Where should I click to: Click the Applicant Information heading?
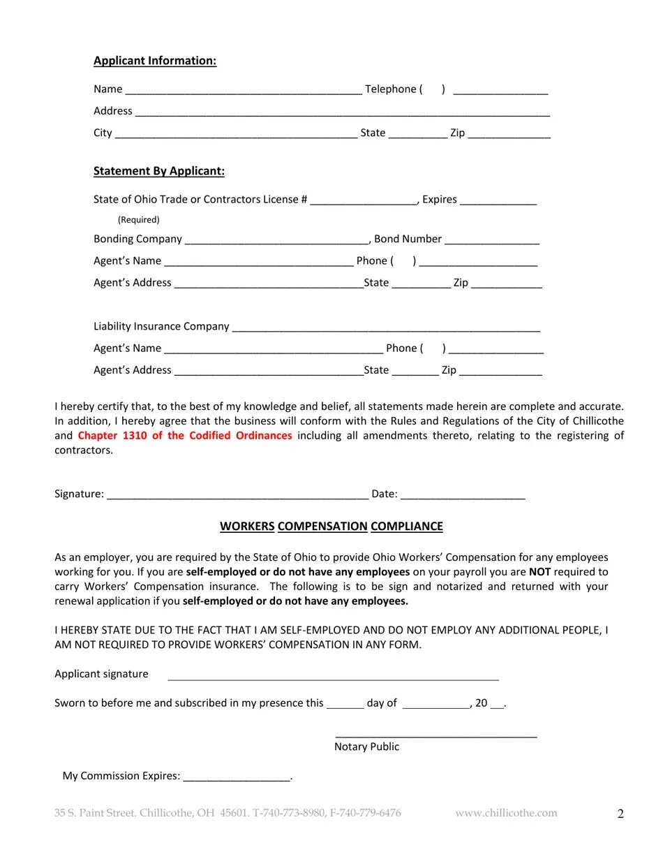coord(155,61)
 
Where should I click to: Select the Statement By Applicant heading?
coord(159,171)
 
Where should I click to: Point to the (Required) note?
coord(138,219)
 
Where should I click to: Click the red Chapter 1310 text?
coord(185,436)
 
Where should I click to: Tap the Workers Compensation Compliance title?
coord(331,527)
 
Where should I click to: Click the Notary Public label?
coord(366,747)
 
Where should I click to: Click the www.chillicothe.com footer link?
coord(506,813)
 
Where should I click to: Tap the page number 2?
coord(620,814)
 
